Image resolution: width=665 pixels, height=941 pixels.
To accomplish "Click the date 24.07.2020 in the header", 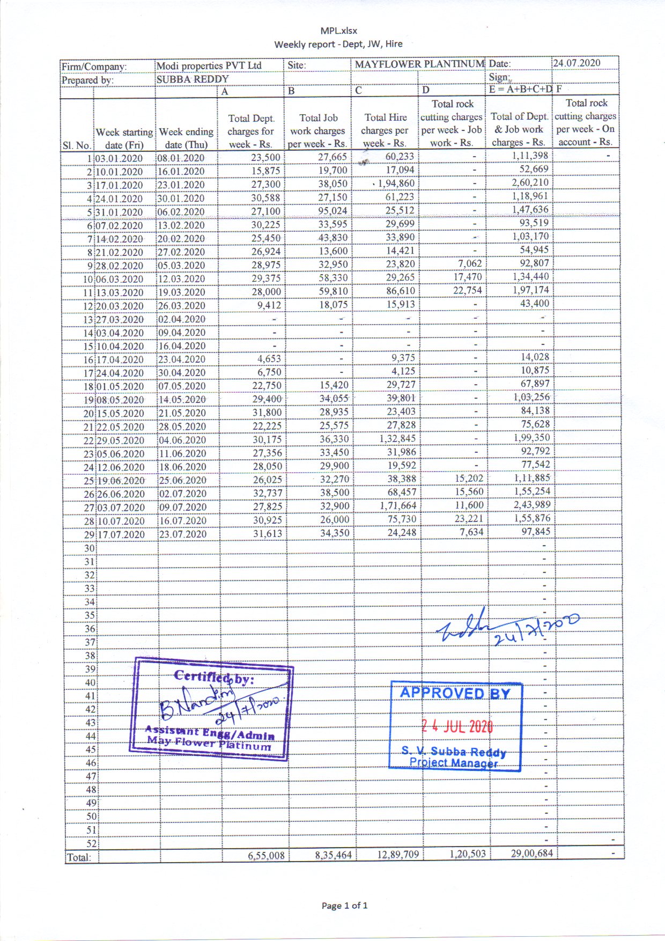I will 577,63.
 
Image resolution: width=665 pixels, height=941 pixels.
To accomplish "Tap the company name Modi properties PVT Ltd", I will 209,65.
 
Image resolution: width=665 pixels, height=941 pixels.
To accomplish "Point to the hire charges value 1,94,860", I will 396,183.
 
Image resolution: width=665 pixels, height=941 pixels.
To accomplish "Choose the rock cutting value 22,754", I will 468,290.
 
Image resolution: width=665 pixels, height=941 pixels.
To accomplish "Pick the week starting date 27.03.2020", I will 120,320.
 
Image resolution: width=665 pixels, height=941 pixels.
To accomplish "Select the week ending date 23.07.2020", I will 182,534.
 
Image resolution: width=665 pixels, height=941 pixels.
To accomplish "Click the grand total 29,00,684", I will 531,853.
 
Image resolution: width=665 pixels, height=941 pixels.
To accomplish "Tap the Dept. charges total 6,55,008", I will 266,855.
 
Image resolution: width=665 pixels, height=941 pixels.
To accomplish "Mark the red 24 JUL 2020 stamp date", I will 457,727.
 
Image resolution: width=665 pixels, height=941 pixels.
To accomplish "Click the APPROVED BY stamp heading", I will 455,693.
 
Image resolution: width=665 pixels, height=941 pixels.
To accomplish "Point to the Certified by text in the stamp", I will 213,678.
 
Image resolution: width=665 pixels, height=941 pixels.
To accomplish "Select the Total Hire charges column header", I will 385,130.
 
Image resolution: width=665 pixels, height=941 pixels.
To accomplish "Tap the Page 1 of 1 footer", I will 344,906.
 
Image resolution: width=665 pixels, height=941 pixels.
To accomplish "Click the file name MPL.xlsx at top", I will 338,31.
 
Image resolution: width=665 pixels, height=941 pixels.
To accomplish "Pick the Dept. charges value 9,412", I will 269,305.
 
